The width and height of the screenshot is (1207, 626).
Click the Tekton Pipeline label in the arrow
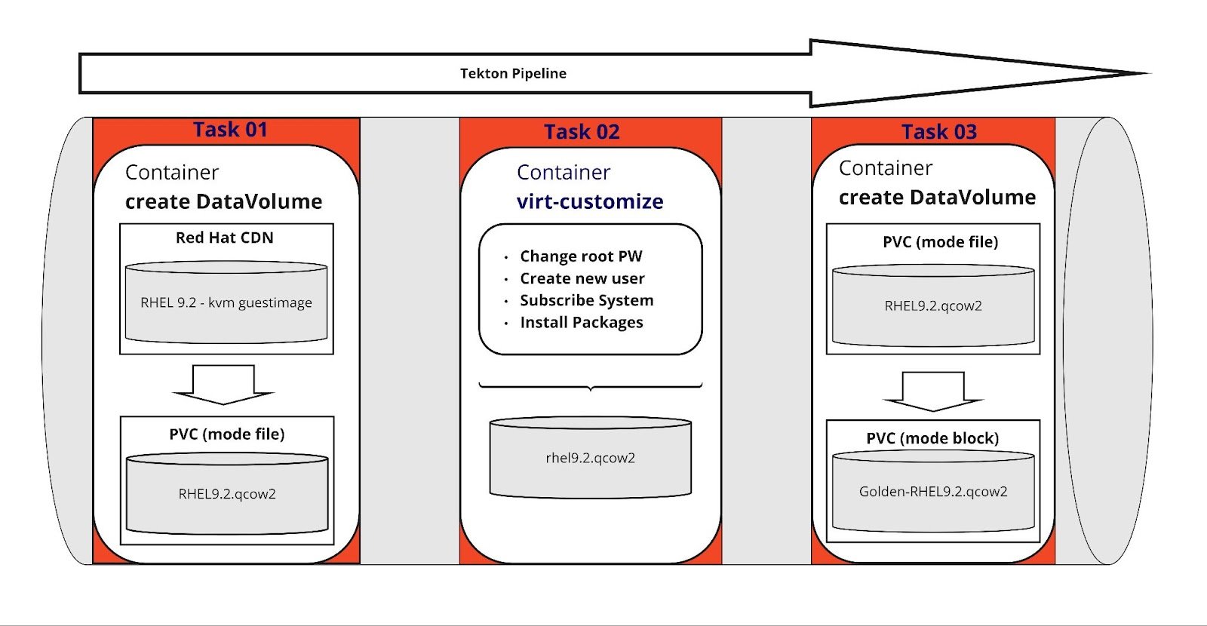click(513, 73)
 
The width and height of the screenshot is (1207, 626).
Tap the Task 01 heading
click(231, 130)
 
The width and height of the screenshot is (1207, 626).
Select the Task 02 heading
click(582, 132)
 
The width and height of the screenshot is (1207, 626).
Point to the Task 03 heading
click(939, 132)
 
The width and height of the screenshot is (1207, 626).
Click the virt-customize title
click(590, 201)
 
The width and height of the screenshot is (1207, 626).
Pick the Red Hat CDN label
click(225, 238)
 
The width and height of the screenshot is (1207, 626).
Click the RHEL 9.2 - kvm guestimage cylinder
click(226, 302)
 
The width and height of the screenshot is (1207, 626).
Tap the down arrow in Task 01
click(223, 385)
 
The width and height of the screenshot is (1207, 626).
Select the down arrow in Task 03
click(933, 391)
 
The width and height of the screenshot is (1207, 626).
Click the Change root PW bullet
click(581, 256)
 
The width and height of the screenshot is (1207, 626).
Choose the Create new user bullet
click(582, 278)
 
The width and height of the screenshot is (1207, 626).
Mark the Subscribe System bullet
click(587, 300)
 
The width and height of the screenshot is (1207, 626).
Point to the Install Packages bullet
click(582, 322)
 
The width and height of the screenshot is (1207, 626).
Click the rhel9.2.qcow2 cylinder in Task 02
click(591, 457)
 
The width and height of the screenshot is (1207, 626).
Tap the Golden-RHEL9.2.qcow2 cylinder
click(933, 491)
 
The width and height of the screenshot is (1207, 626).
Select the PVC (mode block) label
click(932, 438)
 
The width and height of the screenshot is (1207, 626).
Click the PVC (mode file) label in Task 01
click(227, 434)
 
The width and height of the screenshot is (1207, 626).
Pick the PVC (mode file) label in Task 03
click(940, 242)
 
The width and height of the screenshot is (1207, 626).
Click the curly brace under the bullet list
click(591, 386)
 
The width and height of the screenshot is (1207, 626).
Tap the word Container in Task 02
click(563, 173)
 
